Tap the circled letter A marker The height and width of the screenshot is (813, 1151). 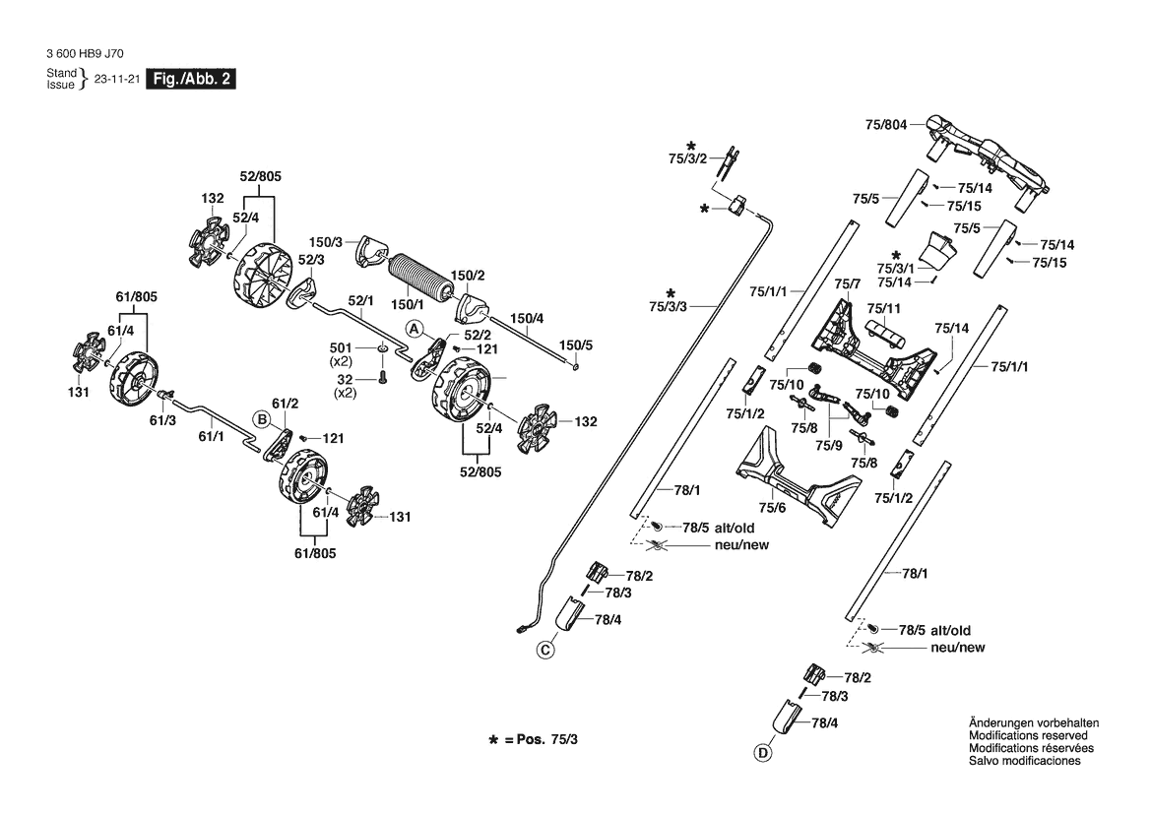pyautogui.click(x=415, y=327)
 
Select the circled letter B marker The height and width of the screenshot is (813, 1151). pyautogui.click(x=262, y=418)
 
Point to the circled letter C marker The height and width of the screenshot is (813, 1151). pyautogui.click(x=545, y=649)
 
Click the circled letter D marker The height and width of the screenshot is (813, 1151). pyautogui.click(x=761, y=755)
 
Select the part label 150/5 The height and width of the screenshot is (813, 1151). pyautogui.click(x=576, y=344)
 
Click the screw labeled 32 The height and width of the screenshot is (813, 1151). pyautogui.click(x=382, y=379)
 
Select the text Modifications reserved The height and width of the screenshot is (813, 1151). pyautogui.click(x=1028, y=736)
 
